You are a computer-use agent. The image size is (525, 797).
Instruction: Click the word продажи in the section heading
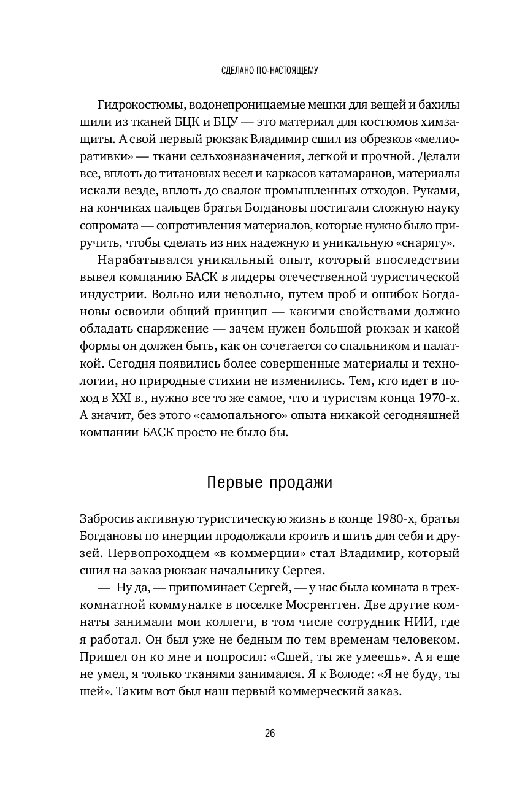301,482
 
